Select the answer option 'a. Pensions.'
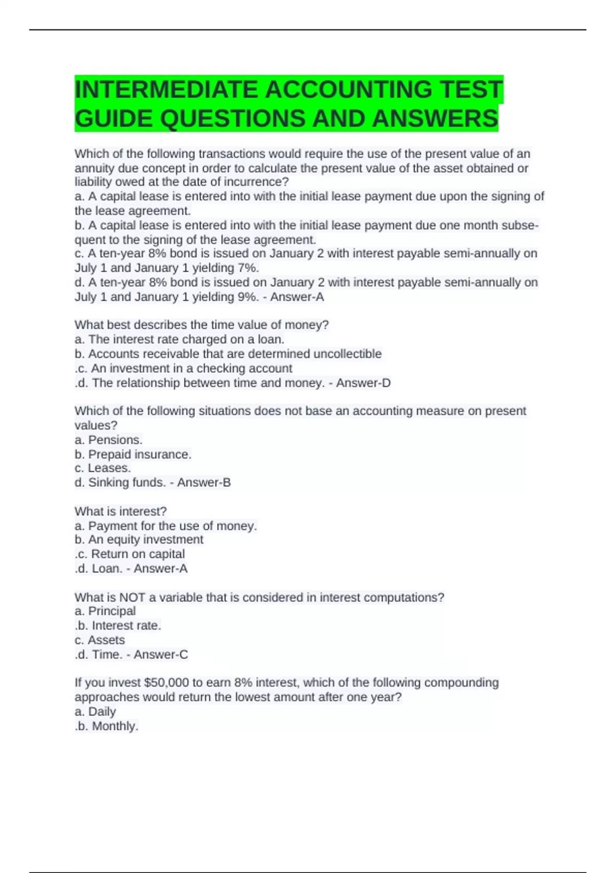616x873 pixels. click(x=108, y=440)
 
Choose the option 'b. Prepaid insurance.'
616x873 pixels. click(x=133, y=454)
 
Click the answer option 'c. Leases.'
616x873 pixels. click(x=103, y=468)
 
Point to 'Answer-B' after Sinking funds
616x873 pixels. click(x=204, y=483)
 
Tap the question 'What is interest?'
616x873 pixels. click(x=121, y=511)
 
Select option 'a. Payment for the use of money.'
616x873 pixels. click(x=165, y=526)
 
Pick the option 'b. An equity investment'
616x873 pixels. click(x=139, y=540)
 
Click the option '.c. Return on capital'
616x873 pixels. click(x=129, y=554)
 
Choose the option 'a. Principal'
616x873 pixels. click(x=105, y=611)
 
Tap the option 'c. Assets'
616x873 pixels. click(x=100, y=640)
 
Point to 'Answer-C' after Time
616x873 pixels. click(x=161, y=655)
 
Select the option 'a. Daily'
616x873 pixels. click(x=95, y=712)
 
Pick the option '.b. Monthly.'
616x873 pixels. click(x=106, y=726)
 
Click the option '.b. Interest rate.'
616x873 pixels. click(x=118, y=625)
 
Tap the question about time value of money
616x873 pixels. click(x=201, y=325)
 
